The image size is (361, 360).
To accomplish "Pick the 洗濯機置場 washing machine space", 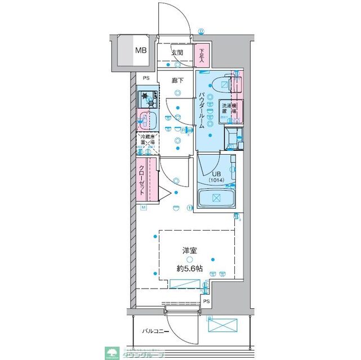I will (x=228, y=111).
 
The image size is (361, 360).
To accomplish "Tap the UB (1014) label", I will (x=216, y=177).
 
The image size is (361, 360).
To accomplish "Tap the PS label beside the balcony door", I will (x=206, y=301).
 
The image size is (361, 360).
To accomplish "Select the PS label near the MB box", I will (x=146, y=79).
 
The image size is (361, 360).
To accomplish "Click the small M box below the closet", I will (x=144, y=208).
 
